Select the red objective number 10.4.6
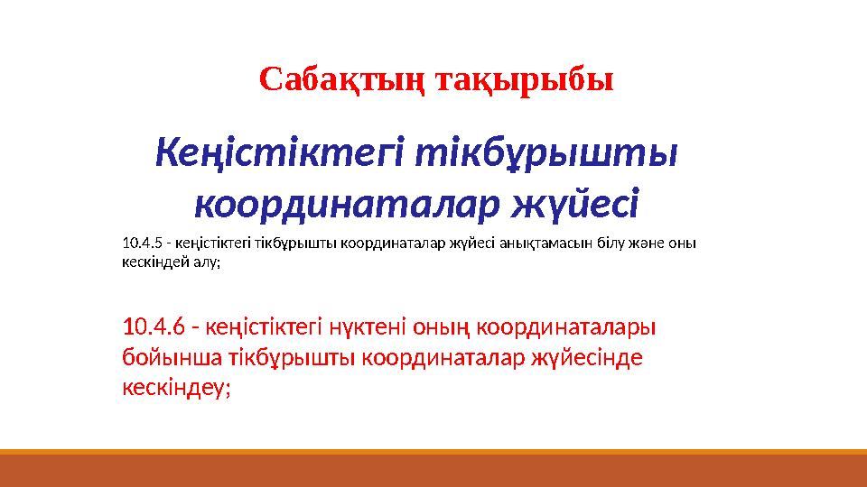[x=154, y=324]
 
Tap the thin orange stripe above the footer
[x=433, y=452]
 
